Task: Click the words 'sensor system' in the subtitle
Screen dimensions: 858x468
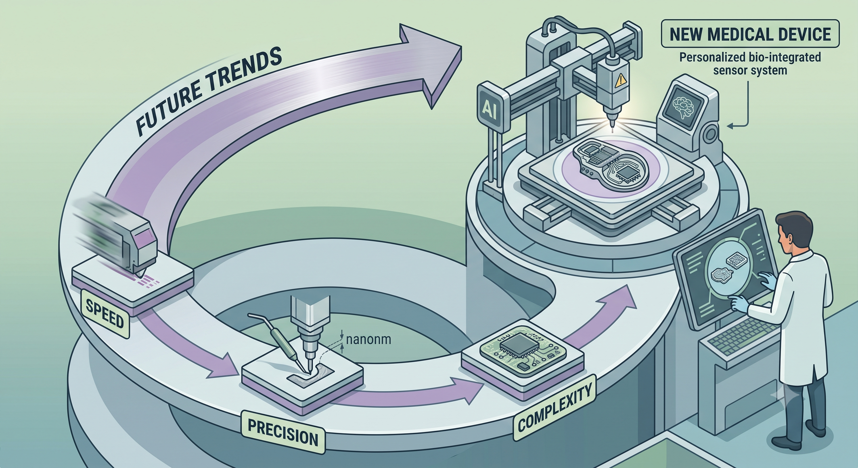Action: coord(750,70)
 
